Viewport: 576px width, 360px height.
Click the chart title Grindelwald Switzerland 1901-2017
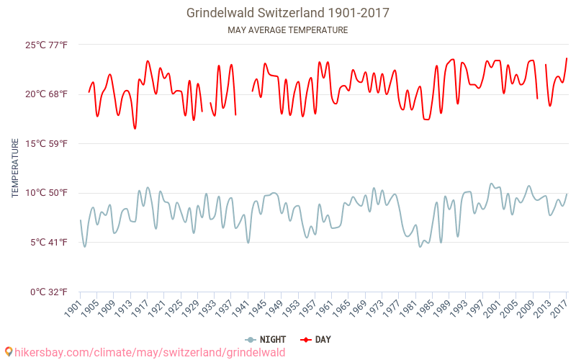[x=287, y=13]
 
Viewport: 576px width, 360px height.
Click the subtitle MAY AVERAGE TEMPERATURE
[x=287, y=30]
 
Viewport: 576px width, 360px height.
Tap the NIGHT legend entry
[x=267, y=339]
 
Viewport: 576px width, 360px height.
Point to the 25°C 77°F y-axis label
[x=47, y=45]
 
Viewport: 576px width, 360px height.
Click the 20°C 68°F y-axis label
[x=47, y=94]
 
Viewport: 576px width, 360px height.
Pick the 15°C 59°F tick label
[x=47, y=143]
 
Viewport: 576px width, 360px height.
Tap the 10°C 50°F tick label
[x=47, y=192]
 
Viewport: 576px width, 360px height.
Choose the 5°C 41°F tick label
[x=48, y=242]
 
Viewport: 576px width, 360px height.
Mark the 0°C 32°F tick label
[x=48, y=292]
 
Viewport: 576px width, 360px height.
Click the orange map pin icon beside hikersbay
[x=9, y=352]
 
